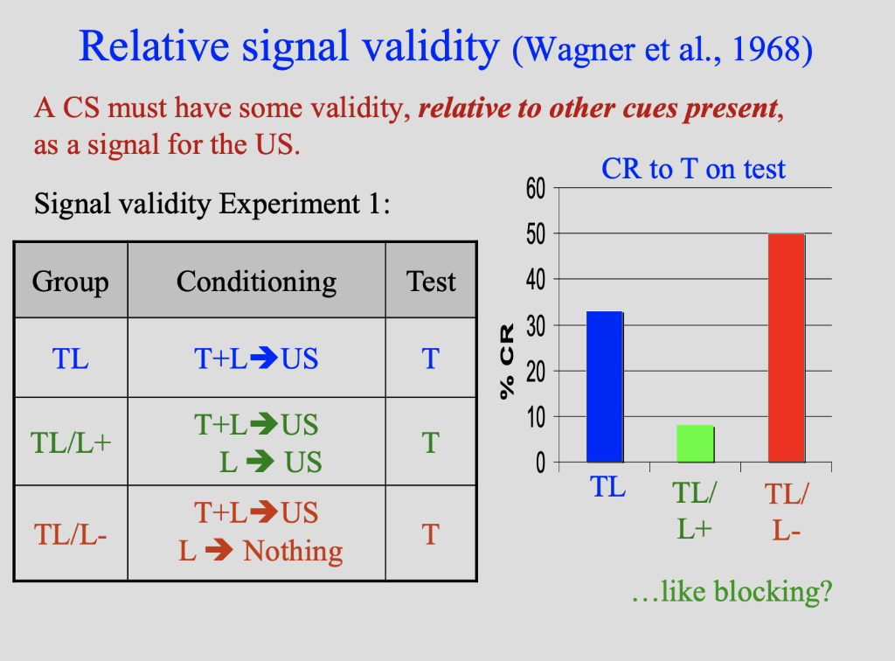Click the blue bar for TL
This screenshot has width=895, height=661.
(x=604, y=386)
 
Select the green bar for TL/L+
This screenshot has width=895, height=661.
(x=696, y=443)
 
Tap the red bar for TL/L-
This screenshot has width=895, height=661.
(x=787, y=347)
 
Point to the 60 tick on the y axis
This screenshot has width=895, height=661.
(x=535, y=188)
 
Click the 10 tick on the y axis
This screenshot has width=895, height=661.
(x=535, y=416)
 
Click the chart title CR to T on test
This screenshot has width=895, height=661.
(x=693, y=168)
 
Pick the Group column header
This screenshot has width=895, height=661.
(x=71, y=282)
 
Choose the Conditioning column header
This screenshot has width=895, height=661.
(x=256, y=282)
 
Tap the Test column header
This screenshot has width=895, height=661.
(x=431, y=282)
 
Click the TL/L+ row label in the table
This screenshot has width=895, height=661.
(x=71, y=442)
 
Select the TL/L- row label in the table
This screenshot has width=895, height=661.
(x=71, y=533)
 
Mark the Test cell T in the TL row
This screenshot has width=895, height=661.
(x=431, y=358)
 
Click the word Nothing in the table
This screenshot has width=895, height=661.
(x=293, y=552)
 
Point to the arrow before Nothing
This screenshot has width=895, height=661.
(x=219, y=552)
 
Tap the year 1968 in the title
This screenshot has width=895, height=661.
(x=766, y=51)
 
